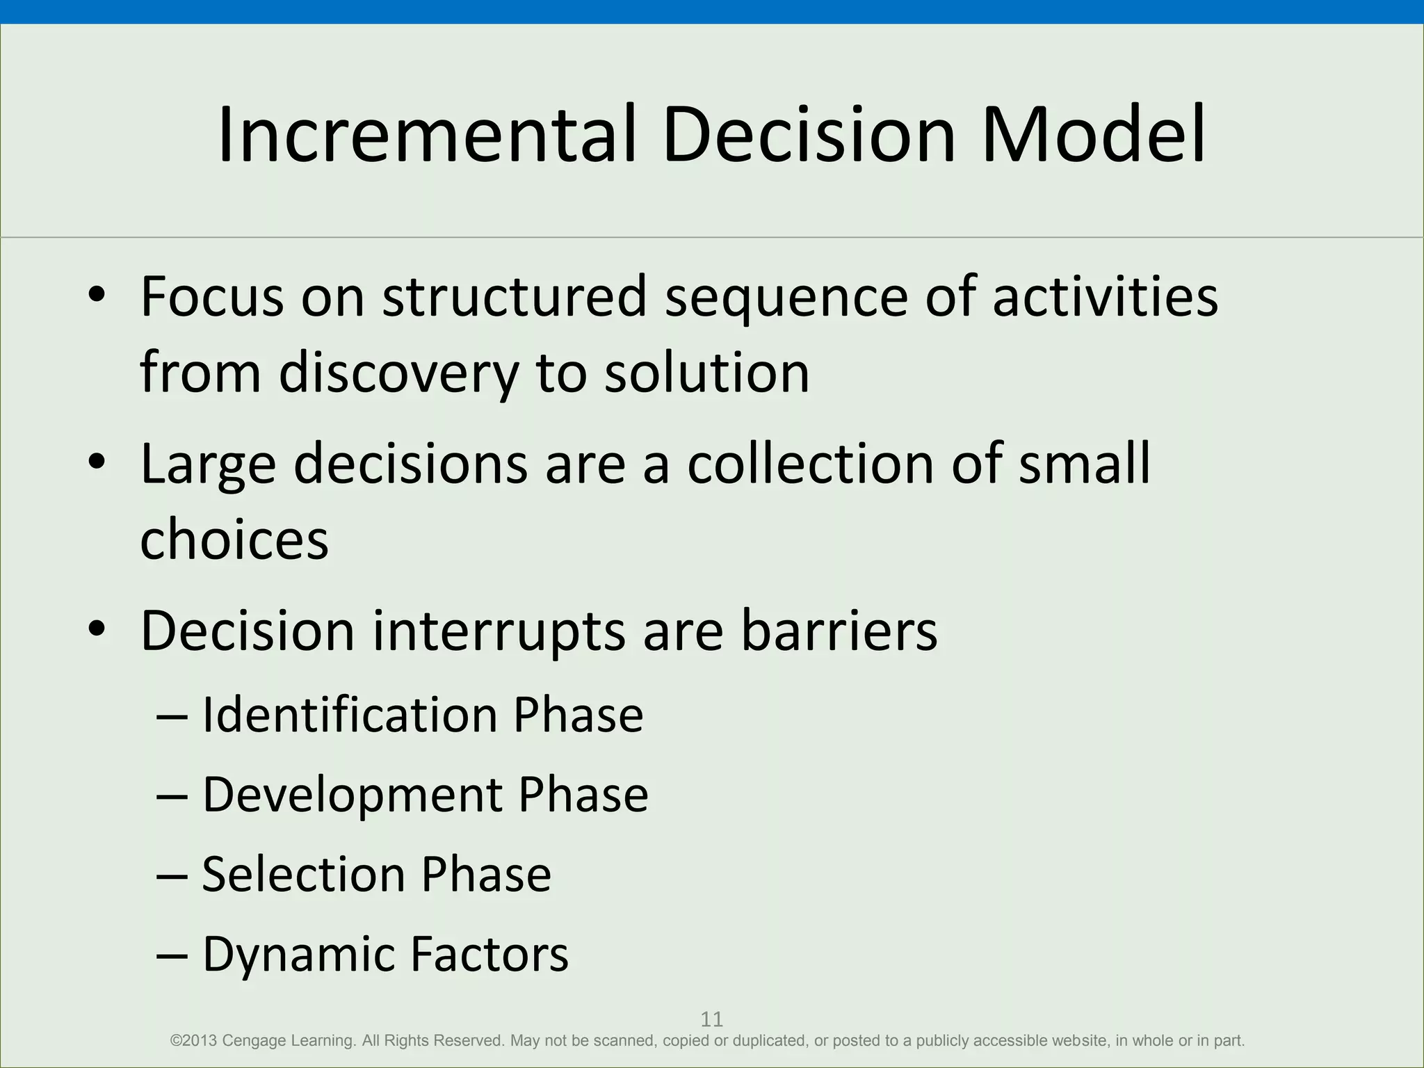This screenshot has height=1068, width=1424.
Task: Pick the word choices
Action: tap(234, 540)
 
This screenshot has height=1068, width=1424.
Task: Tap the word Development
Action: tap(352, 795)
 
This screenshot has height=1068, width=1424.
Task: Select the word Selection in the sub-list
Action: tap(302, 874)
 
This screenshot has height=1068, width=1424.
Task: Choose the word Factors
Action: tap(489, 954)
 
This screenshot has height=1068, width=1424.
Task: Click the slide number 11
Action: tap(711, 1019)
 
